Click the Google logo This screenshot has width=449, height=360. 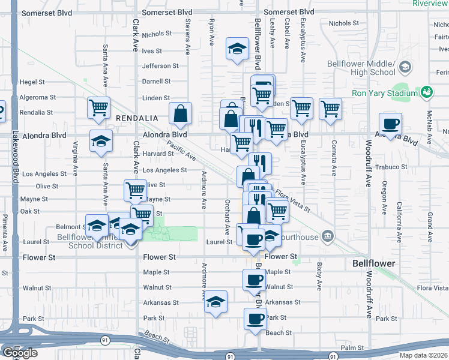pos(20,353)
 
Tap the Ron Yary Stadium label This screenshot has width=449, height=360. pos(384,93)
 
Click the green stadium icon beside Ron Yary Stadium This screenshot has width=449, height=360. pos(427,92)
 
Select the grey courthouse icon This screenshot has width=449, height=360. pos(327,235)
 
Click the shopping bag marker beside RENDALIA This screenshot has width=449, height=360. pos(180,113)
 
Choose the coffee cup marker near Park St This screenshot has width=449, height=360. pos(255,319)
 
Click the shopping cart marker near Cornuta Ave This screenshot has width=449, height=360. pos(330,109)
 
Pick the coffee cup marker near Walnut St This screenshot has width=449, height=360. pos(254,280)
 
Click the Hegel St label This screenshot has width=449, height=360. pos(32,82)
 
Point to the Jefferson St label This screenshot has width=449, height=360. pos(160,66)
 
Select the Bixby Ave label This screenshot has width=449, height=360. pos(319,272)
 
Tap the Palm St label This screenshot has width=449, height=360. pos(352,347)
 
